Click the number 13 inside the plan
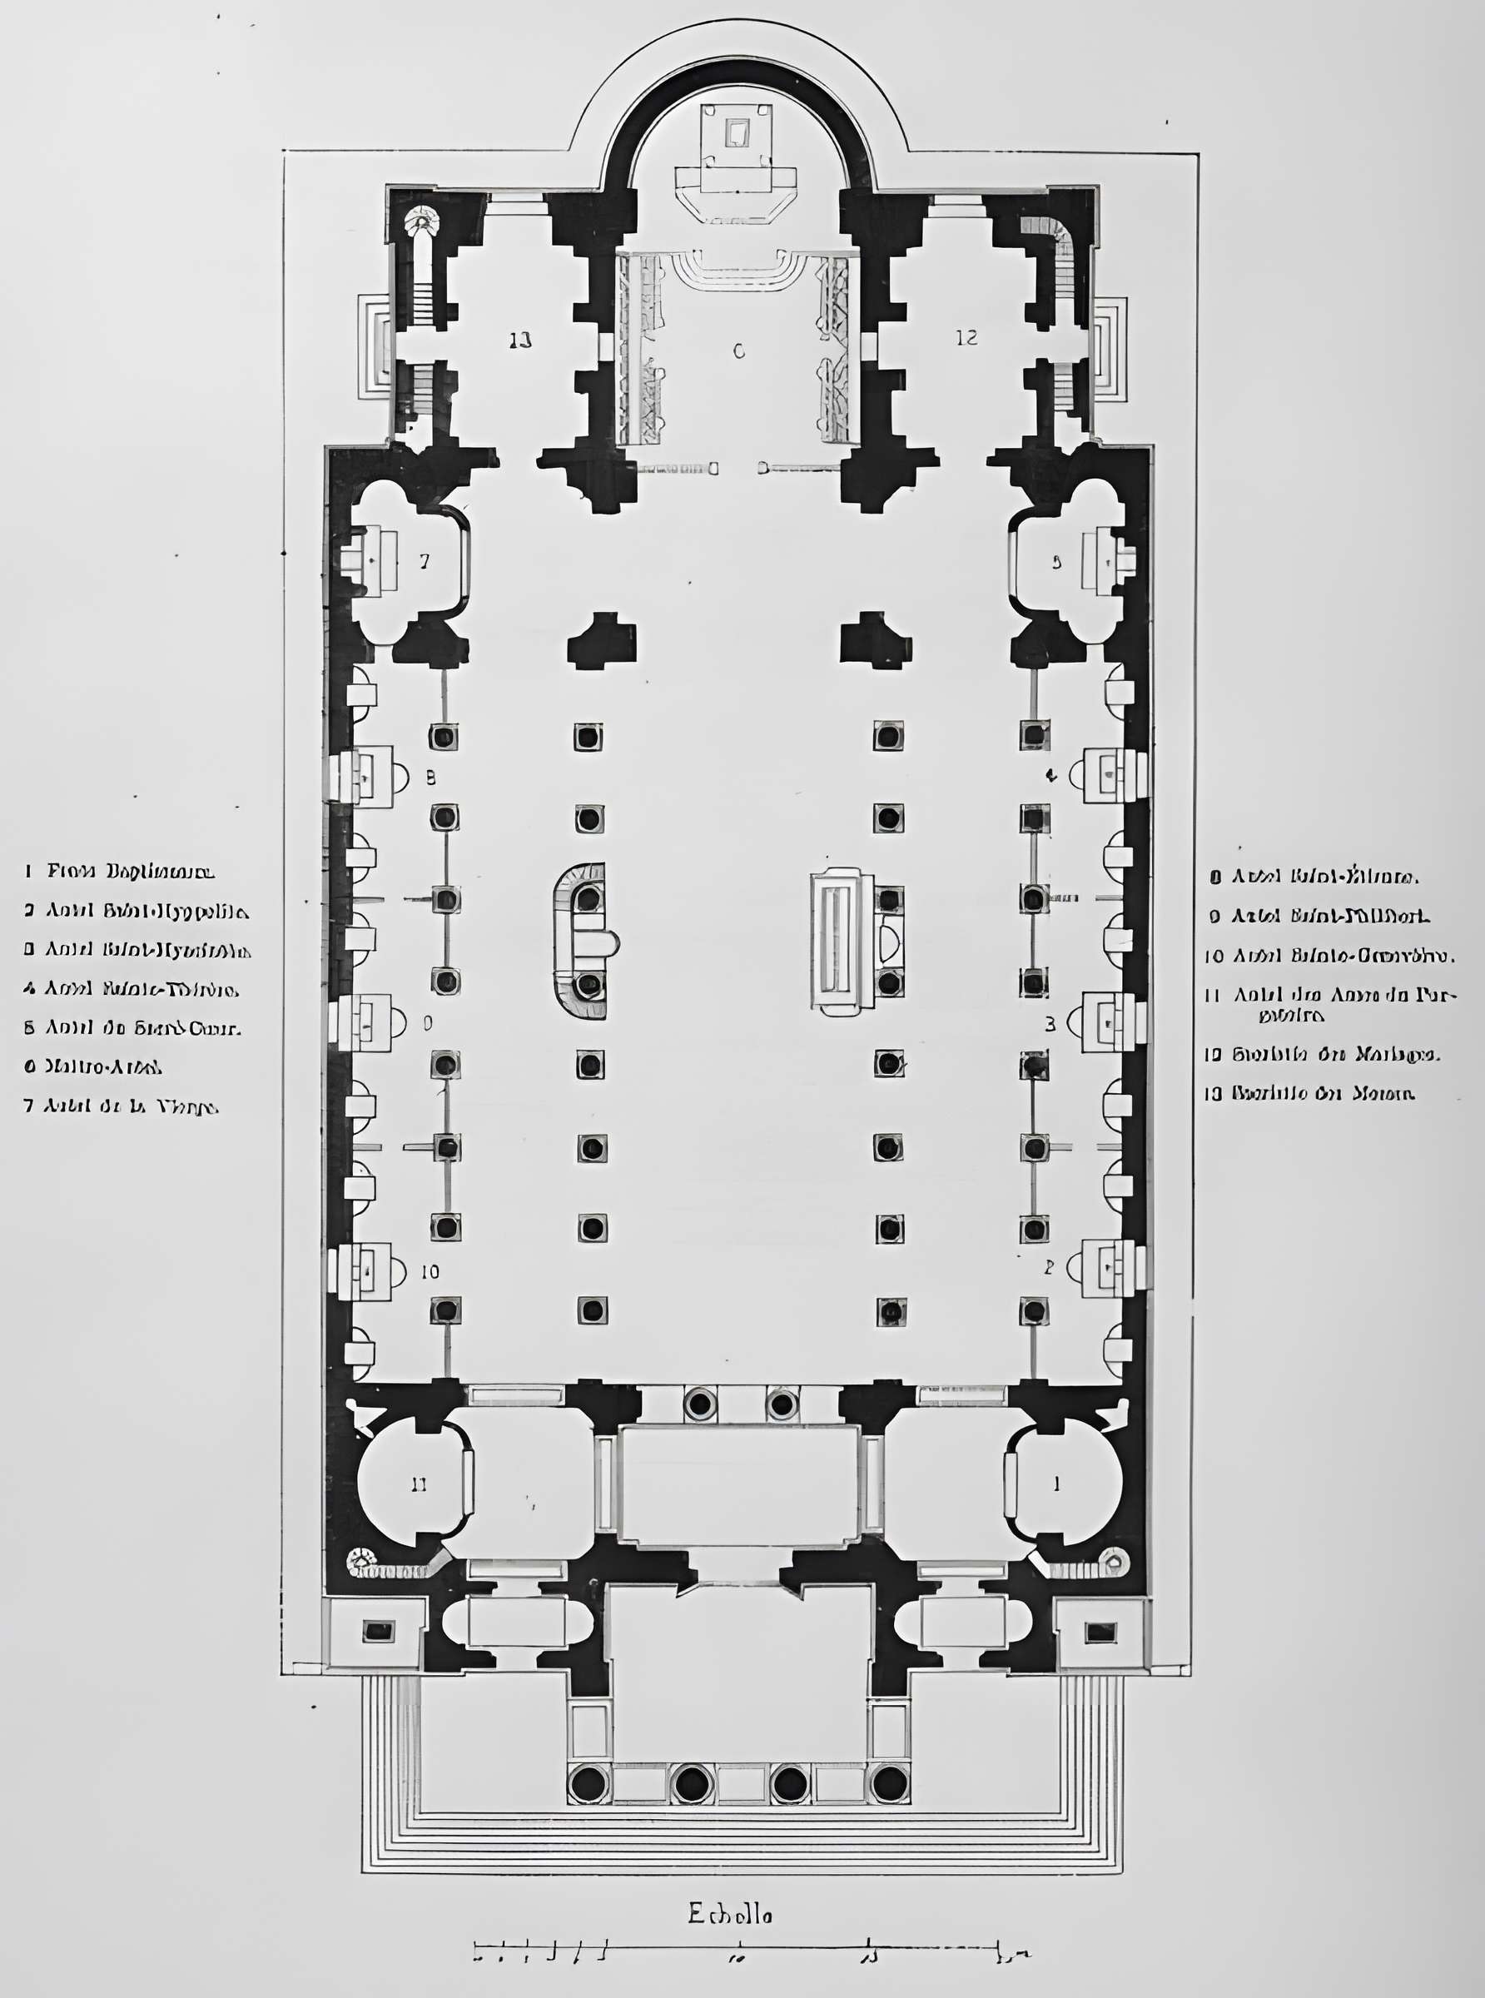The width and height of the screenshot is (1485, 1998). coord(519,340)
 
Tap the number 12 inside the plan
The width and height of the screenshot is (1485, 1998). coord(966,337)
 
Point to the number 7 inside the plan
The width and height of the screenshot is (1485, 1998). coord(425,562)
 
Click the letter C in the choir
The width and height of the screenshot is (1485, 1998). coord(738,351)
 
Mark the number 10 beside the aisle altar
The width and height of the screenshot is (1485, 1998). coord(430,1271)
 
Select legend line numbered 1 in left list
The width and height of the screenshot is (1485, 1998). coord(119,871)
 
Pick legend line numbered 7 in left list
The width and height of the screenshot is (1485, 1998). coord(121,1106)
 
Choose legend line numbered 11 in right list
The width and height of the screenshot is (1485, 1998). coord(1330,1005)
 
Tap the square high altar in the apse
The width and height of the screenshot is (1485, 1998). coord(738,133)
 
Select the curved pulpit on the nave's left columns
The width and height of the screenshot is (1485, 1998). coord(581,940)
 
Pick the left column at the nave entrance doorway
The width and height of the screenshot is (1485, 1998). coord(698,1403)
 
